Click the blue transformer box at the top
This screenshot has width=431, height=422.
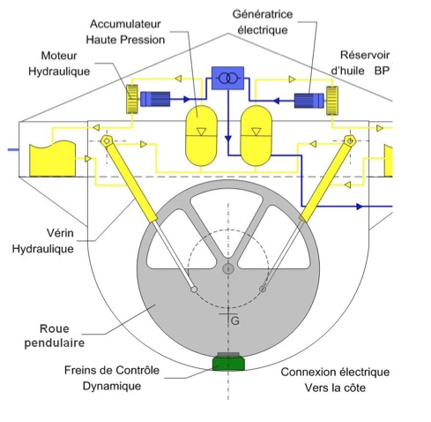pos(227,78)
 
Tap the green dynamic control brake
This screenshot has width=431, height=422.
pos(228,363)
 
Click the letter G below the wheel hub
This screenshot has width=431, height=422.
pos(235,320)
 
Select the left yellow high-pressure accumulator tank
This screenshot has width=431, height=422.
pos(201,136)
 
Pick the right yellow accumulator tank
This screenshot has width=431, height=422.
pos(256,136)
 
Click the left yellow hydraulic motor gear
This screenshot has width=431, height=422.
pos(132,99)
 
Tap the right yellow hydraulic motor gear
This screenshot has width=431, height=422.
pos(332,101)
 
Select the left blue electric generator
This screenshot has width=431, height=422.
pos(155,99)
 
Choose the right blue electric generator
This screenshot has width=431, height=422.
pos(309,101)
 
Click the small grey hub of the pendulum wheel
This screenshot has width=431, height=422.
pos(228,268)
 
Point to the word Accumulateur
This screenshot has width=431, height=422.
pos(125,24)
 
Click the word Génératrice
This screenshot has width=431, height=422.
pos(263,14)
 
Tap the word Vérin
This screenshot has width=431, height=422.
pos(60,233)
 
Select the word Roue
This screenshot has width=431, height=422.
pos(55,328)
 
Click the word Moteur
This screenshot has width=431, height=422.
pos(59,56)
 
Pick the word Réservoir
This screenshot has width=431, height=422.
pos(365,55)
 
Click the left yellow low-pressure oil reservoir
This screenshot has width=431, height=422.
pos(53,159)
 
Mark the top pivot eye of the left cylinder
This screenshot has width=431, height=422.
pos(107,141)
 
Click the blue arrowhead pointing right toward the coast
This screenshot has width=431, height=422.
pos(360,207)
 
